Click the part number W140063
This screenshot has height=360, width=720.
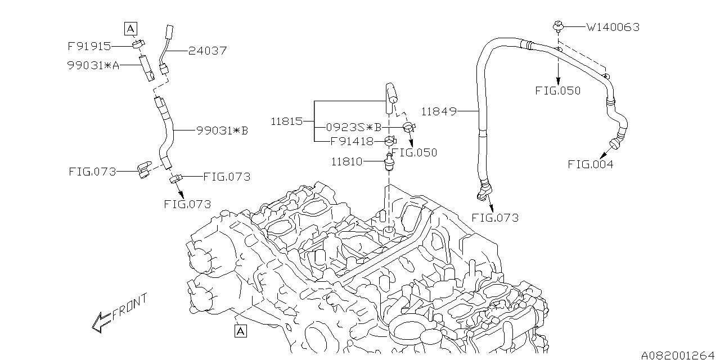coord(613,27)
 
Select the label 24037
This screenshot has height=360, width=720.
coord(208,51)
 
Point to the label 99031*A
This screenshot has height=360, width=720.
coord(93,65)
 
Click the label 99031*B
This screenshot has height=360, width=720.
coord(223,131)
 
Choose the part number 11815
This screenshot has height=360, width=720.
coord(287,121)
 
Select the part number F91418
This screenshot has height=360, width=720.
coord(352,141)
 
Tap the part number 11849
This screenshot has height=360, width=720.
coord(438,111)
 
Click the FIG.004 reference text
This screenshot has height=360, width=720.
coord(590,165)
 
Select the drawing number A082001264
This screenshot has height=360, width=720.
coord(677,354)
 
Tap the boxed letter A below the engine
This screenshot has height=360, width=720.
coord(241,331)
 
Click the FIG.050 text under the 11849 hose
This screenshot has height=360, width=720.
coord(558,91)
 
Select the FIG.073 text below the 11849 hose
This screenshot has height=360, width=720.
coord(495,218)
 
